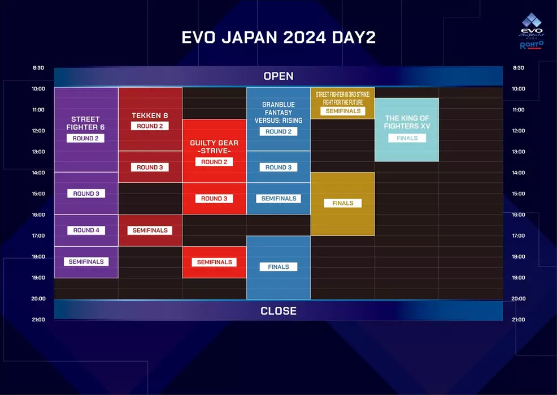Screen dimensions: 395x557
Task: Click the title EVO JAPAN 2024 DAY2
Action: click(x=278, y=37)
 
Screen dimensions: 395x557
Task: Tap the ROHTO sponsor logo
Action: click(x=531, y=45)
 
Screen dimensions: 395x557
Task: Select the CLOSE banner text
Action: click(x=278, y=311)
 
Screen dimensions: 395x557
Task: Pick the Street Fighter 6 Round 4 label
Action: click(x=86, y=230)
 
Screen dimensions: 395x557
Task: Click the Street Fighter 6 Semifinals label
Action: click(x=86, y=261)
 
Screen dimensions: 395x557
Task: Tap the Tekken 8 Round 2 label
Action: click(x=150, y=126)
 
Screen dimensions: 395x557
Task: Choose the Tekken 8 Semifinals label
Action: click(x=150, y=230)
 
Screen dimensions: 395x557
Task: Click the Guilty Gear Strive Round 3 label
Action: click(x=214, y=199)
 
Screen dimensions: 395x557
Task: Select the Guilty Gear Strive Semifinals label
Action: click(x=214, y=262)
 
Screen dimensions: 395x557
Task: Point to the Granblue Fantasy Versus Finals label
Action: click(x=278, y=267)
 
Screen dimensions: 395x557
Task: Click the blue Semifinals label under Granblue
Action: click(x=278, y=199)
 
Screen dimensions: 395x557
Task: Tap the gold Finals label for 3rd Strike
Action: click(x=342, y=203)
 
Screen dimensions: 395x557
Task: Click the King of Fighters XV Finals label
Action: click(x=407, y=138)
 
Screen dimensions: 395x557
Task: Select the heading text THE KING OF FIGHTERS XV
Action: click(x=407, y=122)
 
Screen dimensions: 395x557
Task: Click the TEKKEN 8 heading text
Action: click(x=150, y=115)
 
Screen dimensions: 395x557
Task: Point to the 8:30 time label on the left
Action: click(x=38, y=68)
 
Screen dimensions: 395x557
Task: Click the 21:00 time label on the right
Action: click(x=518, y=320)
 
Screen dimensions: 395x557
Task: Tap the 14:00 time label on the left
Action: click(x=38, y=173)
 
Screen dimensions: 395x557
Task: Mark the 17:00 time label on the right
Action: click(x=518, y=236)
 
